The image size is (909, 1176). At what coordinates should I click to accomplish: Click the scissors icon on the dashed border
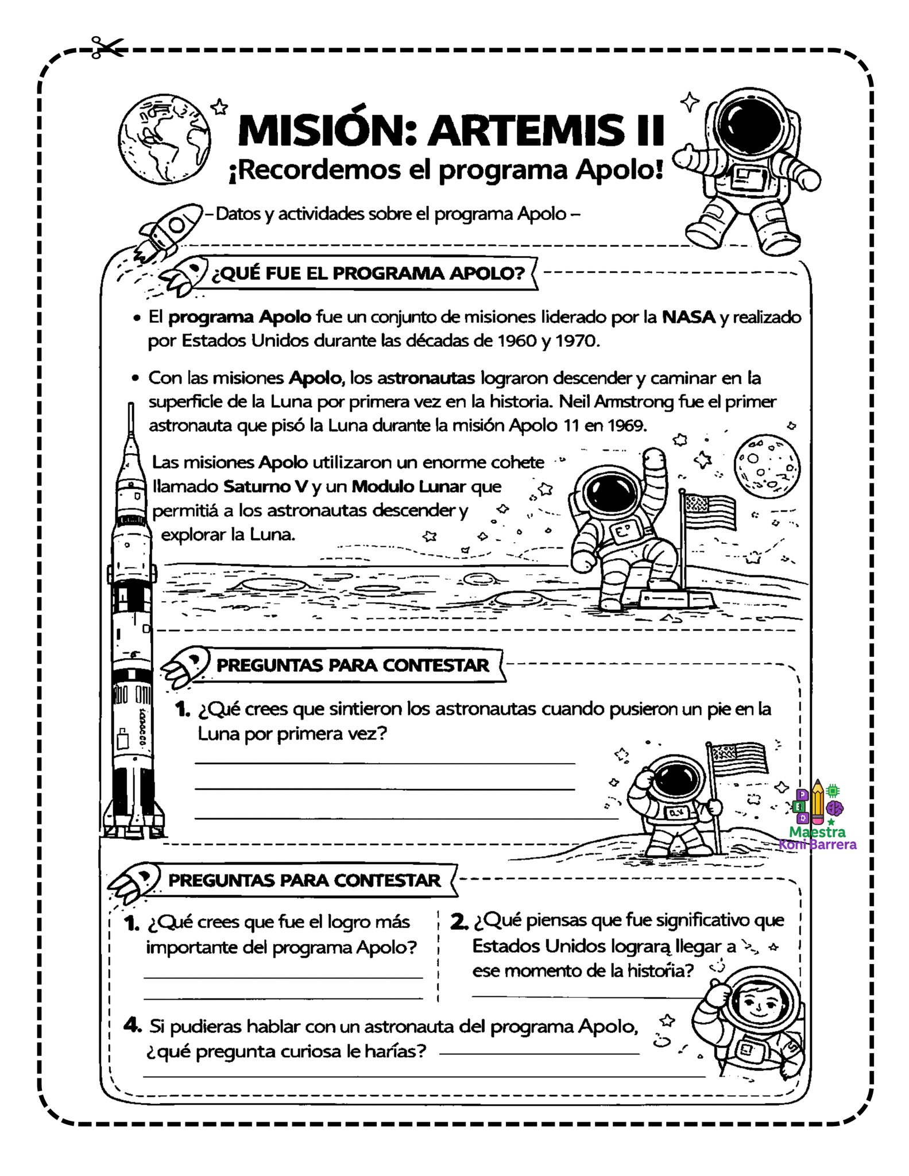coord(107,47)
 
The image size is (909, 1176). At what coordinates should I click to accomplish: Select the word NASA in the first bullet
coord(688,317)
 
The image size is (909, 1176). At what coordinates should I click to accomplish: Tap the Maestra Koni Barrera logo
coord(817,816)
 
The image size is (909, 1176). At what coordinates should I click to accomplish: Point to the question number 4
coord(133,1025)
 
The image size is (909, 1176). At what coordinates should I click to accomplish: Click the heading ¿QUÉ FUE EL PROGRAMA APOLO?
coord(368,273)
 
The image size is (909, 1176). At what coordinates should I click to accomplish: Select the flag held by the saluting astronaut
coord(739,758)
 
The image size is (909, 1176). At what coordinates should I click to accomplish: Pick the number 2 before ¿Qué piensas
coord(459,921)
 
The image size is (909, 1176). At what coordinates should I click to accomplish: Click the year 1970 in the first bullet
coord(577,341)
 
